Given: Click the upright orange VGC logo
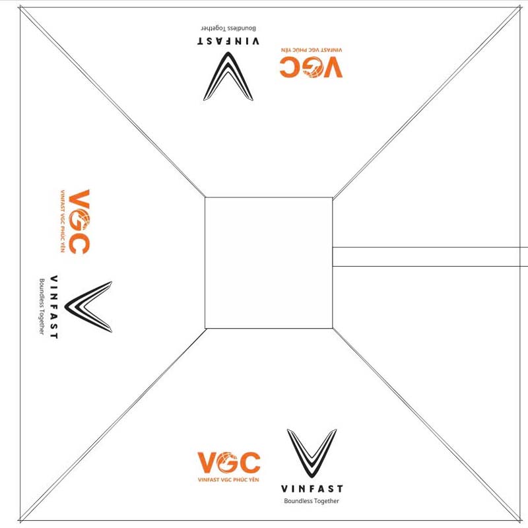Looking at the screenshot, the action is coord(229,462).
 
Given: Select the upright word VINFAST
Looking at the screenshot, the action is coord(312,489).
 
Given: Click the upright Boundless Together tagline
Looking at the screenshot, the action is coord(312,502).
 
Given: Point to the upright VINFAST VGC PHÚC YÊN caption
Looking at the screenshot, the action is coord(229,479).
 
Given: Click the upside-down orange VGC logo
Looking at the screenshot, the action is coord(311,67).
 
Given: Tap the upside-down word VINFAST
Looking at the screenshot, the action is coord(228,41).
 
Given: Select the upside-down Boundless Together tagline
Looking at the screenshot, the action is coord(228,29).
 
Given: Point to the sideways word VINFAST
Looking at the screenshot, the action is coord(53,306).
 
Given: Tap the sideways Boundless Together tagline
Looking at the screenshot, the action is coord(42,306).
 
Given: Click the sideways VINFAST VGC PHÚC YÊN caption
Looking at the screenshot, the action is coord(63,221).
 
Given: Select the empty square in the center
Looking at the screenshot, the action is coord(269,262).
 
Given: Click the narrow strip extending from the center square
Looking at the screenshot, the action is coord(429,257).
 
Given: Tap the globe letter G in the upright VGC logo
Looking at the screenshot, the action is coord(228,462).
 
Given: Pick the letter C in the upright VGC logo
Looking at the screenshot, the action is coord(249,462).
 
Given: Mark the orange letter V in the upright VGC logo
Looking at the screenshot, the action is coord(207,462).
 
